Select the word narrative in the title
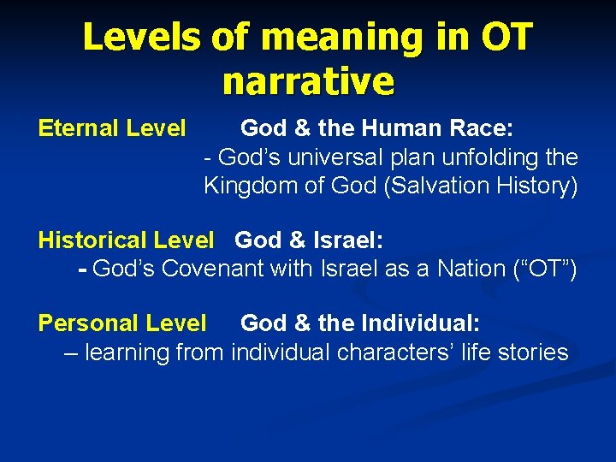point(308,82)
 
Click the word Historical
point(92,241)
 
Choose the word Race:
point(483,129)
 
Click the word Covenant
point(213,269)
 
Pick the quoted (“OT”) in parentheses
point(546,269)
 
